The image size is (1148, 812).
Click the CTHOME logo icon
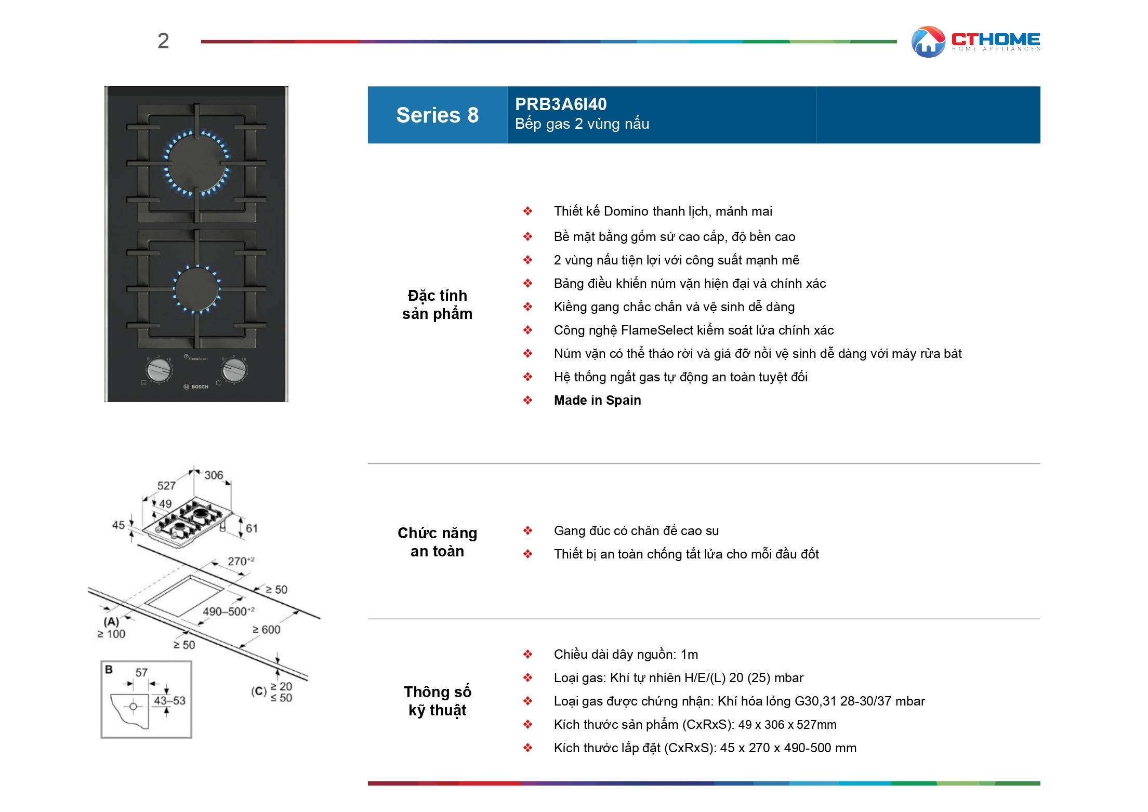tap(928, 42)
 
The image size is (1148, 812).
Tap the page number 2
tap(163, 41)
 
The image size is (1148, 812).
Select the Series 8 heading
tap(437, 115)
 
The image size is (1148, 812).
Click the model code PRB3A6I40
tap(560, 104)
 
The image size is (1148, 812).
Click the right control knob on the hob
tap(234, 369)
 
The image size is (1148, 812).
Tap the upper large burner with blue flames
tap(197, 163)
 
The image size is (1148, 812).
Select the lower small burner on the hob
tap(197, 289)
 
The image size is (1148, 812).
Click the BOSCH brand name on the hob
tap(200, 387)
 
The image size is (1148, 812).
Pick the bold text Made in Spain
tap(597, 400)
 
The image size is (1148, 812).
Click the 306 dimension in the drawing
tap(214, 475)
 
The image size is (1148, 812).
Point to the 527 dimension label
tap(166, 486)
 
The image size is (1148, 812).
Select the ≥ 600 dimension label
tap(266, 630)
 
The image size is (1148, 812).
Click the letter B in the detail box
tap(109, 670)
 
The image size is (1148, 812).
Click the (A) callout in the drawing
tap(111, 621)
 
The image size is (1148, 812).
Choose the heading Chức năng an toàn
tap(437, 542)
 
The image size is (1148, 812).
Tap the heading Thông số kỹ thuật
tap(437, 701)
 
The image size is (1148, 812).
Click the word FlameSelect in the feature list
tap(657, 330)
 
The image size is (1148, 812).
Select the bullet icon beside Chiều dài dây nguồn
tap(527, 654)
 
